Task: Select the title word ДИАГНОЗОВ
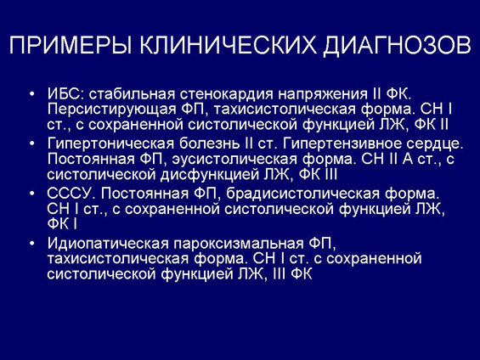coord(397,46)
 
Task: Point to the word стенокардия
coord(226,95)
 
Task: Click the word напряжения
coord(322,95)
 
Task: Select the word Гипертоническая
coord(110,144)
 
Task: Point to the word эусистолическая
coord(234,160)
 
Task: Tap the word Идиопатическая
coord(108,244)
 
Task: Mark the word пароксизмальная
coord(239,244)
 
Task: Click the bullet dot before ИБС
coord(32,94)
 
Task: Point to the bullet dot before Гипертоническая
coord(32,144)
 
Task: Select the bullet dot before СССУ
coord(32,194)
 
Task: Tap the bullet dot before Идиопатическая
coord(32,244)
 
